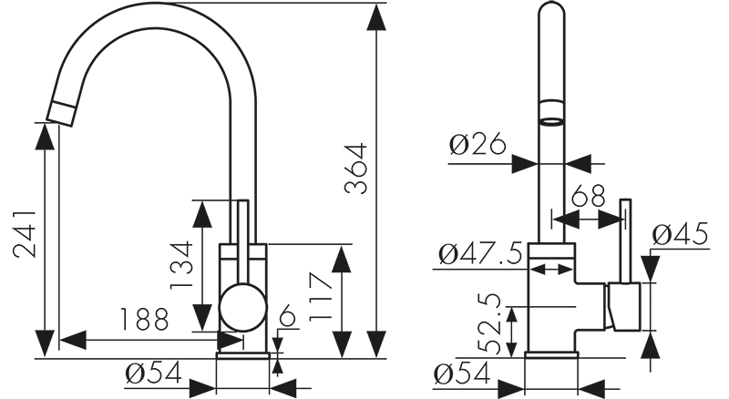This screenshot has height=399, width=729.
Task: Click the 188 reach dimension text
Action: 143,320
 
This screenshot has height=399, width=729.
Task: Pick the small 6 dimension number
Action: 287,318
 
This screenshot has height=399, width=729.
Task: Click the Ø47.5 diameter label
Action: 480,252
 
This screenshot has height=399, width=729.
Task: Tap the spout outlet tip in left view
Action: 60,114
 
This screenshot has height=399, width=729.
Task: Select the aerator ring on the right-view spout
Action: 551,114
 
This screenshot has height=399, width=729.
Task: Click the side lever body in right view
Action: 624,307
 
